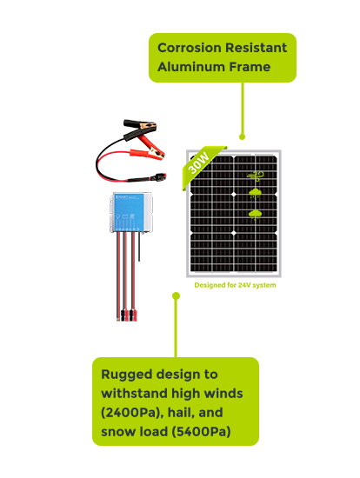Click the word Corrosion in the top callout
point(190,48)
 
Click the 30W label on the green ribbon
point(198,163)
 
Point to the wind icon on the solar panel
point(256,176)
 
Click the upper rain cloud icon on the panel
point(255,193)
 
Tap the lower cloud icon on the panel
point(255,214)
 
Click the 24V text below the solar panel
point(244,285)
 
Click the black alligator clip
point(141,128)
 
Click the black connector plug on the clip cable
point(159,176)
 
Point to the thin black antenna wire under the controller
point(139,247)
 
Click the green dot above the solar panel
point(243,136)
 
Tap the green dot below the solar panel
point(176,295)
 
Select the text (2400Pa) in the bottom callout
point(131,413)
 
